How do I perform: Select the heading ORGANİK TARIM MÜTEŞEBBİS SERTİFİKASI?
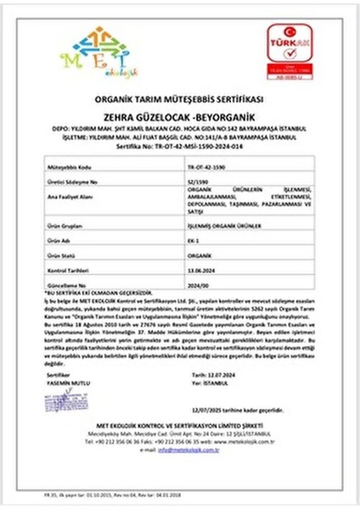click(x=180, y=98)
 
